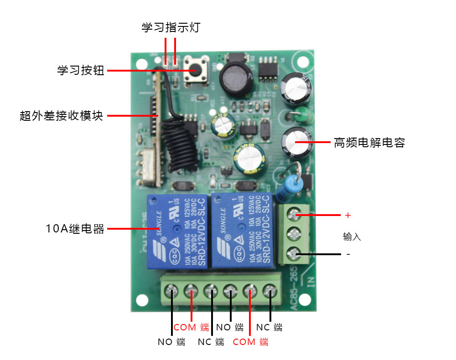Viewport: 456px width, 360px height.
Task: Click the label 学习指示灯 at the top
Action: (x=170, y=28)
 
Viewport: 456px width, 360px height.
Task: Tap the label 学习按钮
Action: (x=81, y=71)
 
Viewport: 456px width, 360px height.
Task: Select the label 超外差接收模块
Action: (x=61, y=116)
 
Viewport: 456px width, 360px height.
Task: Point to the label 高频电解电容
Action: (x=369, y=143)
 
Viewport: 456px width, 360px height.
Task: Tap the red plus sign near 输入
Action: (x=348, y=215)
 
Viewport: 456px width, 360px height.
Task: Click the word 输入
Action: (x=352, y=237)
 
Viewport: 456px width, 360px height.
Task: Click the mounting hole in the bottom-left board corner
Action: (x=142, y=299)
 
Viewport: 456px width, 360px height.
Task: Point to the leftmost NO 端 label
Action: (x=171, y=342)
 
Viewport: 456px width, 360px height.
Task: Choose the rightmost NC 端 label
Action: (x=269, y=327)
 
